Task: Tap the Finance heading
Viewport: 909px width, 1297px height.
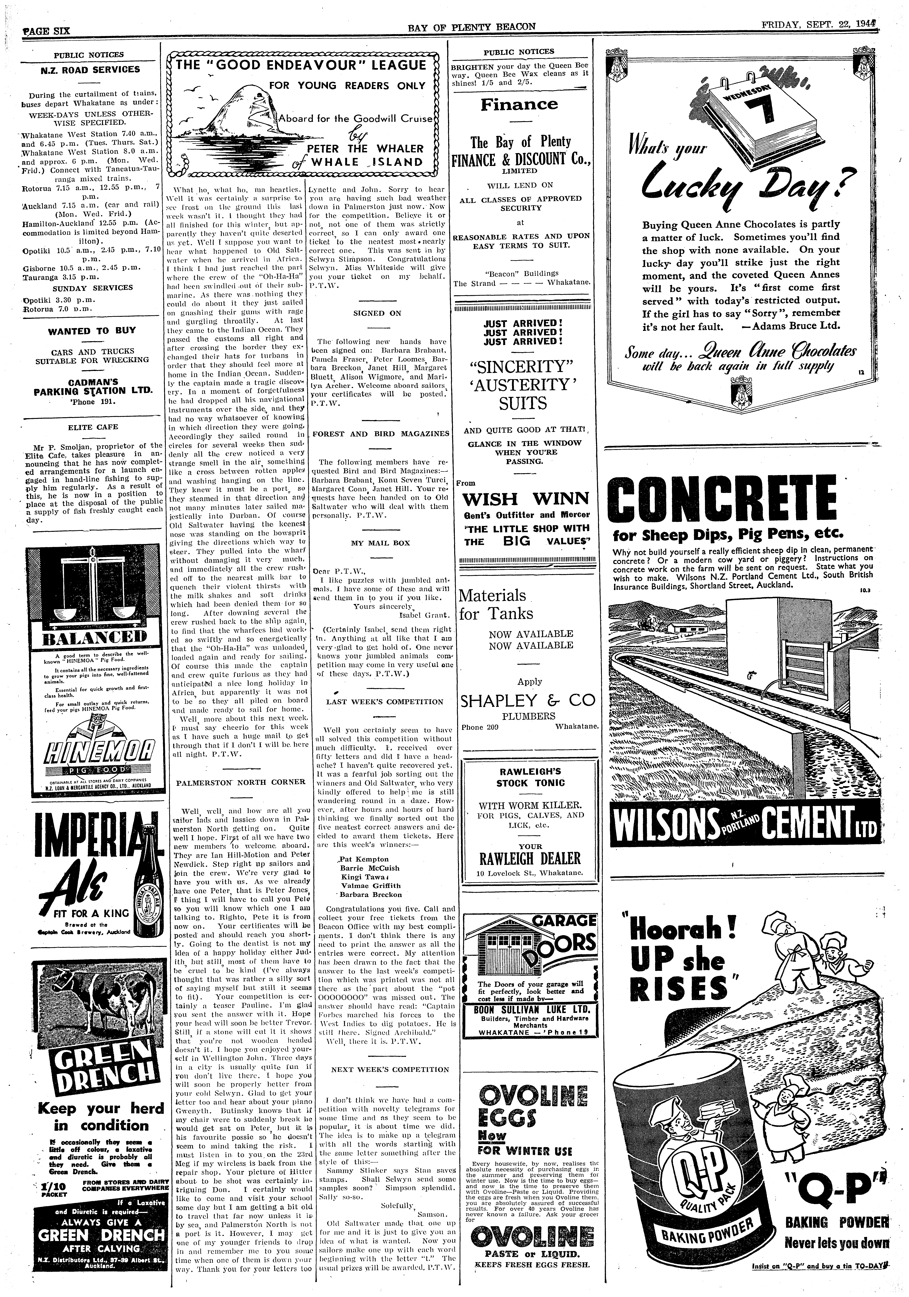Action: pos(519,105)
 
